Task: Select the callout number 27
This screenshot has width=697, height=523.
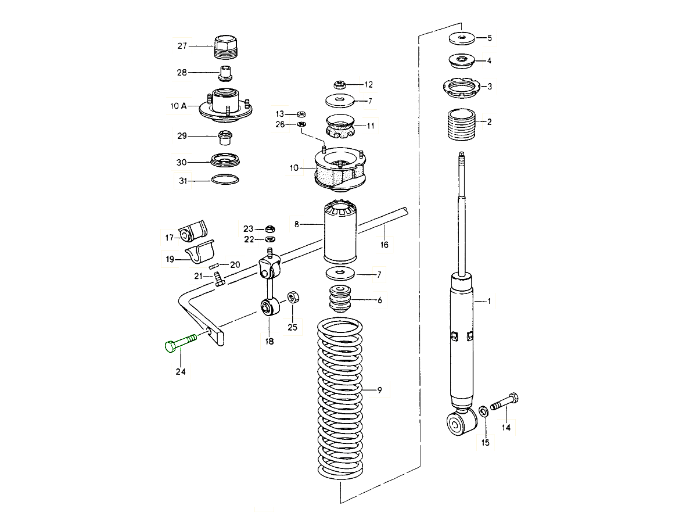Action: [183, 45]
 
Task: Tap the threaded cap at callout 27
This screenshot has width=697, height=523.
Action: [227, 46]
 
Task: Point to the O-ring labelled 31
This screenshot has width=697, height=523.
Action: [225, 180]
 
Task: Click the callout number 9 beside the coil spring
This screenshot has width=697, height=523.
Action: [379, 390]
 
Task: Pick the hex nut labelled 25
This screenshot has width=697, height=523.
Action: [293, 297]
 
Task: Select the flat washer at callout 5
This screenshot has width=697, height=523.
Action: [462, 38]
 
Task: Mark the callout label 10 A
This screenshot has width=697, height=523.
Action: [179, 106]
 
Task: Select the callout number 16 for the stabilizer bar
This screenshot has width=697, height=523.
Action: [384, 245]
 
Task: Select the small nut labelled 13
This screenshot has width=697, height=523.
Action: [301, 113]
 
